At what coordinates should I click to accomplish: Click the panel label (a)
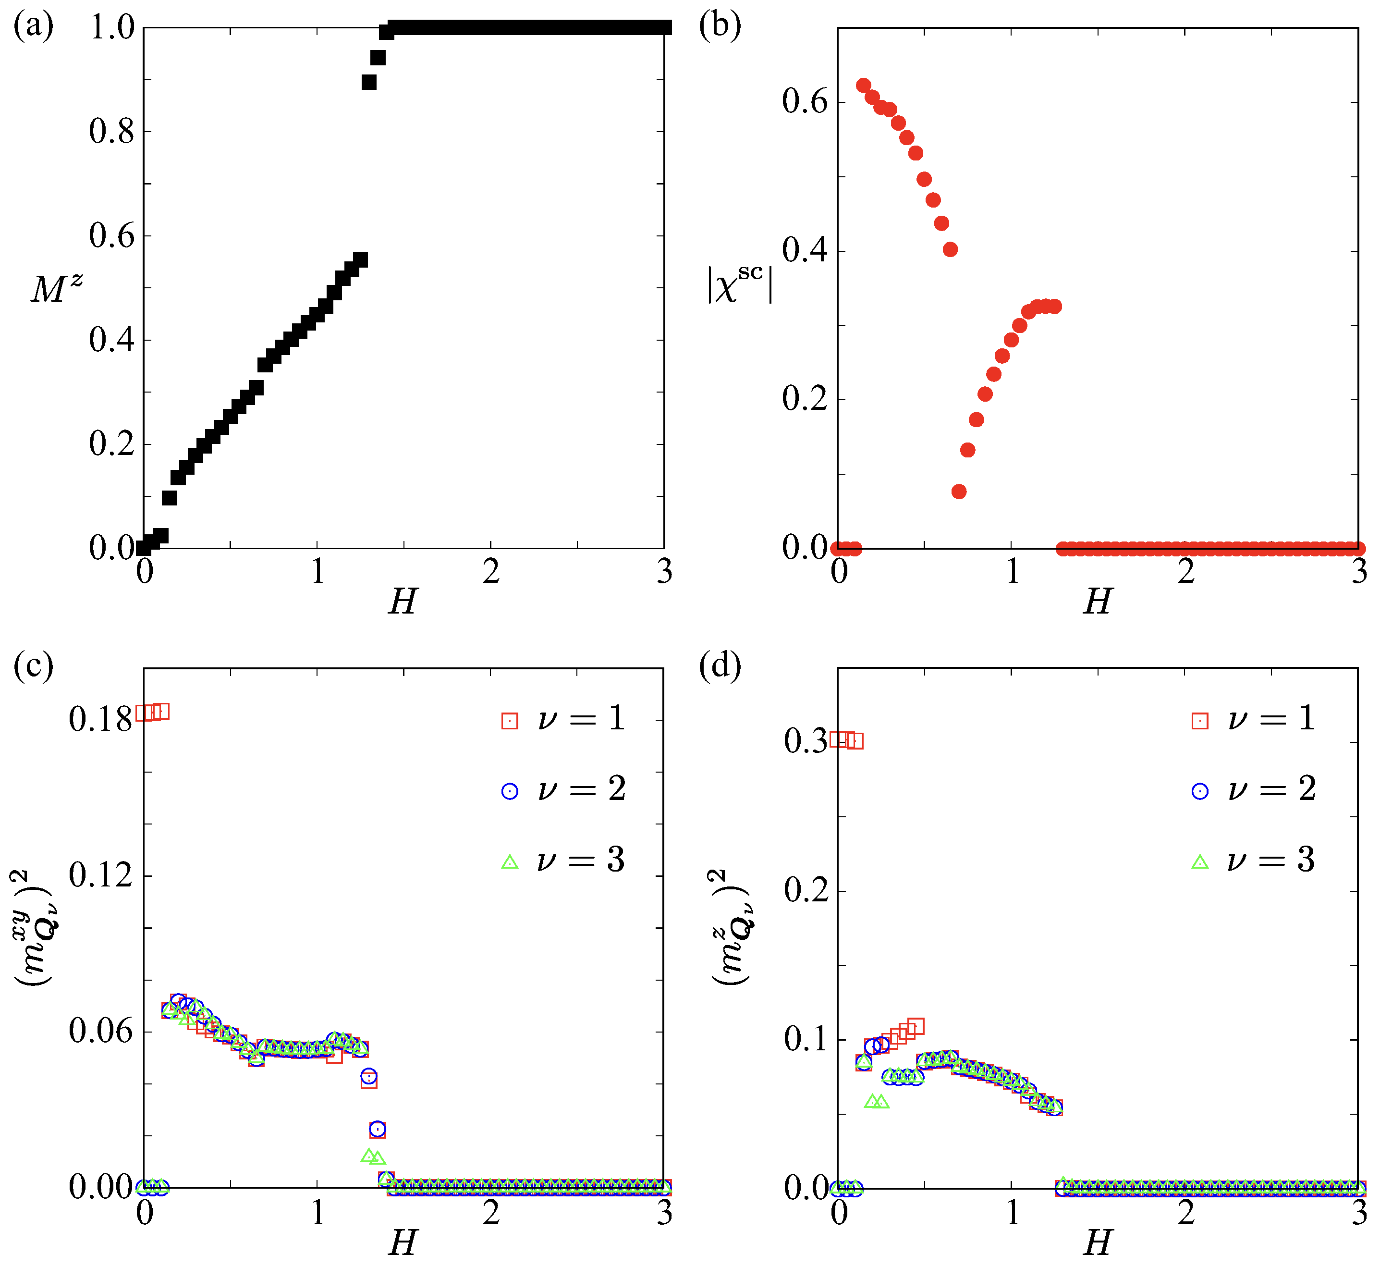(33, 27)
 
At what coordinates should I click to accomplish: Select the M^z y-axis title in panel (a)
(56, 288)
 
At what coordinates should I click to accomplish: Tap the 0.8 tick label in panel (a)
(112, 131)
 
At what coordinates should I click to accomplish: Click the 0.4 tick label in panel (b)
(805, 251)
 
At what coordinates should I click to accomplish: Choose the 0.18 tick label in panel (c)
(100, 720)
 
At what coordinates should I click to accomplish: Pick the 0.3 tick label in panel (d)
(805, 741)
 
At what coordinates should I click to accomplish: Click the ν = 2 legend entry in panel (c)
(565, 790)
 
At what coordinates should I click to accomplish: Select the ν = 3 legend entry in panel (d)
(1255, 861)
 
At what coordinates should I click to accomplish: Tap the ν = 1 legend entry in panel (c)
(565, 719)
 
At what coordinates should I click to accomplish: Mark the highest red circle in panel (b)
(863, 86)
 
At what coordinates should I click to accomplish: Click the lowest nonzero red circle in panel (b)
(959, 492)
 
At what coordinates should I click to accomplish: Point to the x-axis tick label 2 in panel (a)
(491, 572)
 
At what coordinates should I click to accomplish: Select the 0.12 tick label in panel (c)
(100, 875)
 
